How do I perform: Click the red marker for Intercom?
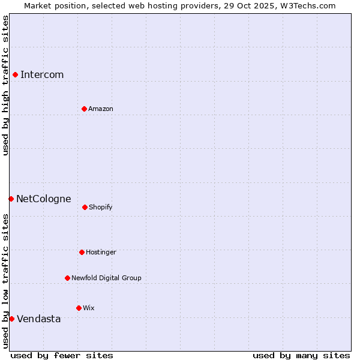coord(15,74)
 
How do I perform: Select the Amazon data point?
coord(84,109)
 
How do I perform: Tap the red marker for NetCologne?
coord(11,199)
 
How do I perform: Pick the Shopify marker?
coord(85,207)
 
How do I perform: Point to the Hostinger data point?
coord(82,252)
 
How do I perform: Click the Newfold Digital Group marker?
coord(67,278)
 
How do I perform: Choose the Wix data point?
coord(79,308)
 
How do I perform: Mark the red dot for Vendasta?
coord(11,319)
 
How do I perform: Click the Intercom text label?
coord(42,75)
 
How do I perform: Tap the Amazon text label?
coord(101,109)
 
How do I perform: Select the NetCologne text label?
coord(44,199)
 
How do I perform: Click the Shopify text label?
coord(101,208)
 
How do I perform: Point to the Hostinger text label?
coord(101,253)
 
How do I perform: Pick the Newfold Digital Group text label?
coord(106,278)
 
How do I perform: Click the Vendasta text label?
coord(39,319)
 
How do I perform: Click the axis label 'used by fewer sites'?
coord(62,356)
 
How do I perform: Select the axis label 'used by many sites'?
coord(301,356)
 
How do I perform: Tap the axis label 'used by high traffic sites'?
coord(5,85)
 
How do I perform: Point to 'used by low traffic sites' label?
coord(5,280)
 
